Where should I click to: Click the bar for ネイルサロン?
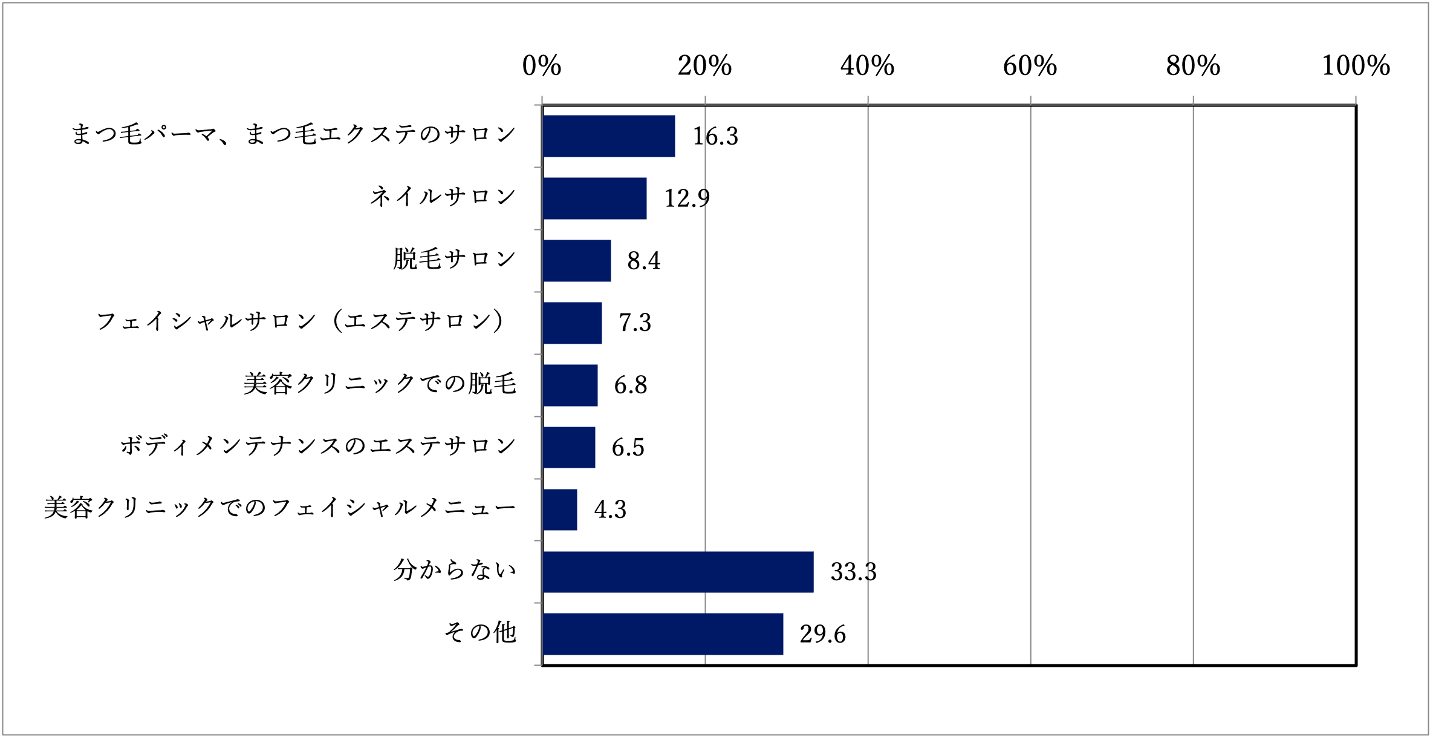click(594, 198)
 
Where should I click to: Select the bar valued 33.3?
click(678, 572)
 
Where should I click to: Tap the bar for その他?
click(663, 634)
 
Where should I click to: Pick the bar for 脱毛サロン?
click(577, 261)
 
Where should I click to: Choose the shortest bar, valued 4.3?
click(560, 509)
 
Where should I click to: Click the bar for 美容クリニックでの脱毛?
click(570, 385)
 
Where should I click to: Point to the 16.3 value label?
click(715, 137)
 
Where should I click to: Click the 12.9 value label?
click(687, 198)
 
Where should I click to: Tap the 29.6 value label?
click(822, 634)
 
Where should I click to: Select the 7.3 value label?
click(635, 323)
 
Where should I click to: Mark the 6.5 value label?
click(628, 448)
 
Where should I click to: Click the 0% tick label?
click(542, 66)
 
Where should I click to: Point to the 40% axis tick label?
click(867, 66)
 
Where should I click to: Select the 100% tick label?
click(1356, 66)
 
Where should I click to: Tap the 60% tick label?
click(1030, 66)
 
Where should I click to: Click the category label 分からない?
click(455, 570)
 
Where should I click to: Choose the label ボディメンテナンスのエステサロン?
click(318, 447)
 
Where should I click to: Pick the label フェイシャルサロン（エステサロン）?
click(301, 321)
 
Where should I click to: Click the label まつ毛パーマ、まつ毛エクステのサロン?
click(294, 135)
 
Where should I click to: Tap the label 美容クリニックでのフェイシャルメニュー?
click(280, 508)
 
